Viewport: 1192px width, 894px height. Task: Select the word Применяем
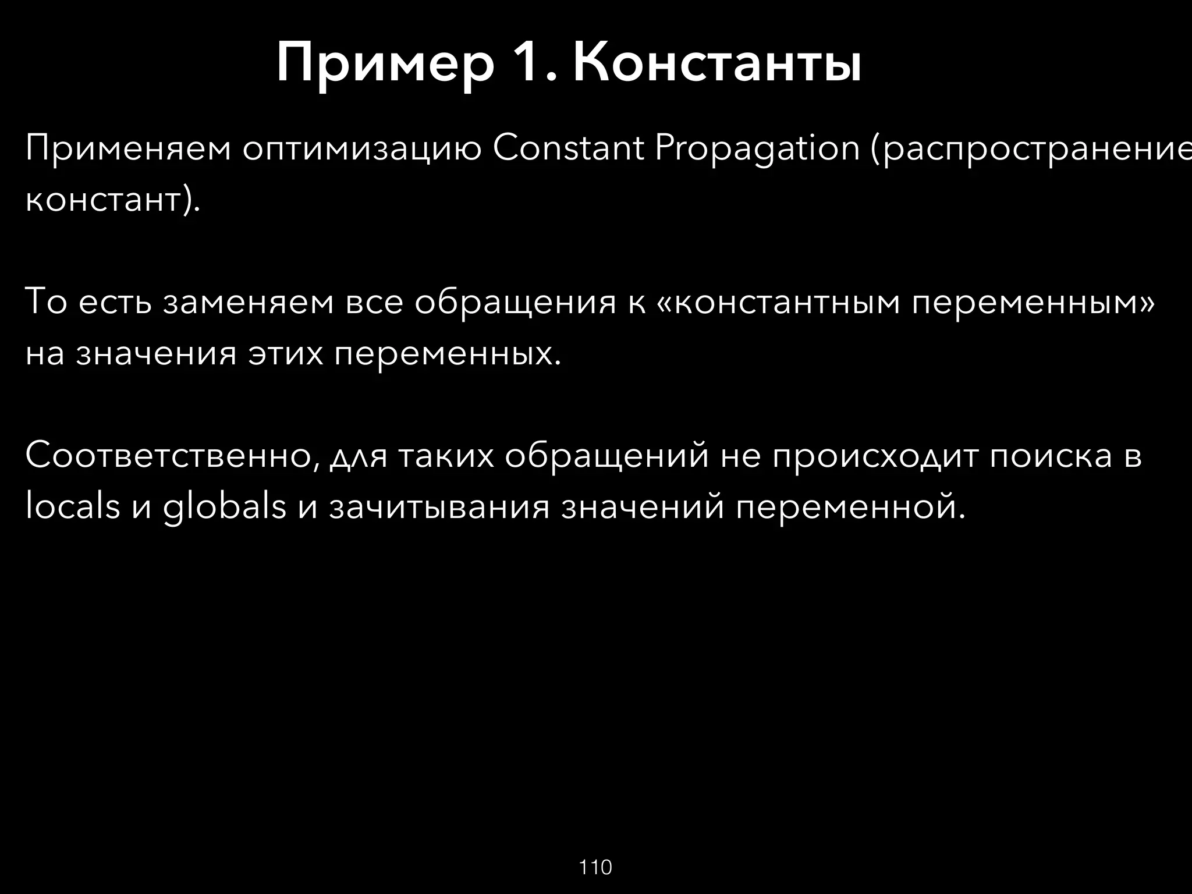pyautogui.click(x=128, y=149)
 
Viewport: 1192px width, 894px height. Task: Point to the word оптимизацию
pyautogui.click(x=362, y=149)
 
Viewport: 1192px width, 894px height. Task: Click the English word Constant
pyautogui.click(x=568, y=149)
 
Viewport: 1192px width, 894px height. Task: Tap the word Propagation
pyautogui.click(x=757, y=149)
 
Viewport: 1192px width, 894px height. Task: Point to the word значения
pyautogui.click(x=156, y=353)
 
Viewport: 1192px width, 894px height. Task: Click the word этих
pyautogui.click(x=285, y=353)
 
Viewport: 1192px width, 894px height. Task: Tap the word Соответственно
pyautogui.click(x=172, y=456)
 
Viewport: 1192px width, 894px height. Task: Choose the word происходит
pyautogui.click(x=875, y=456)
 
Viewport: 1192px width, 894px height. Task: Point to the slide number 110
pyautogui.click(x=595, y=867)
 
